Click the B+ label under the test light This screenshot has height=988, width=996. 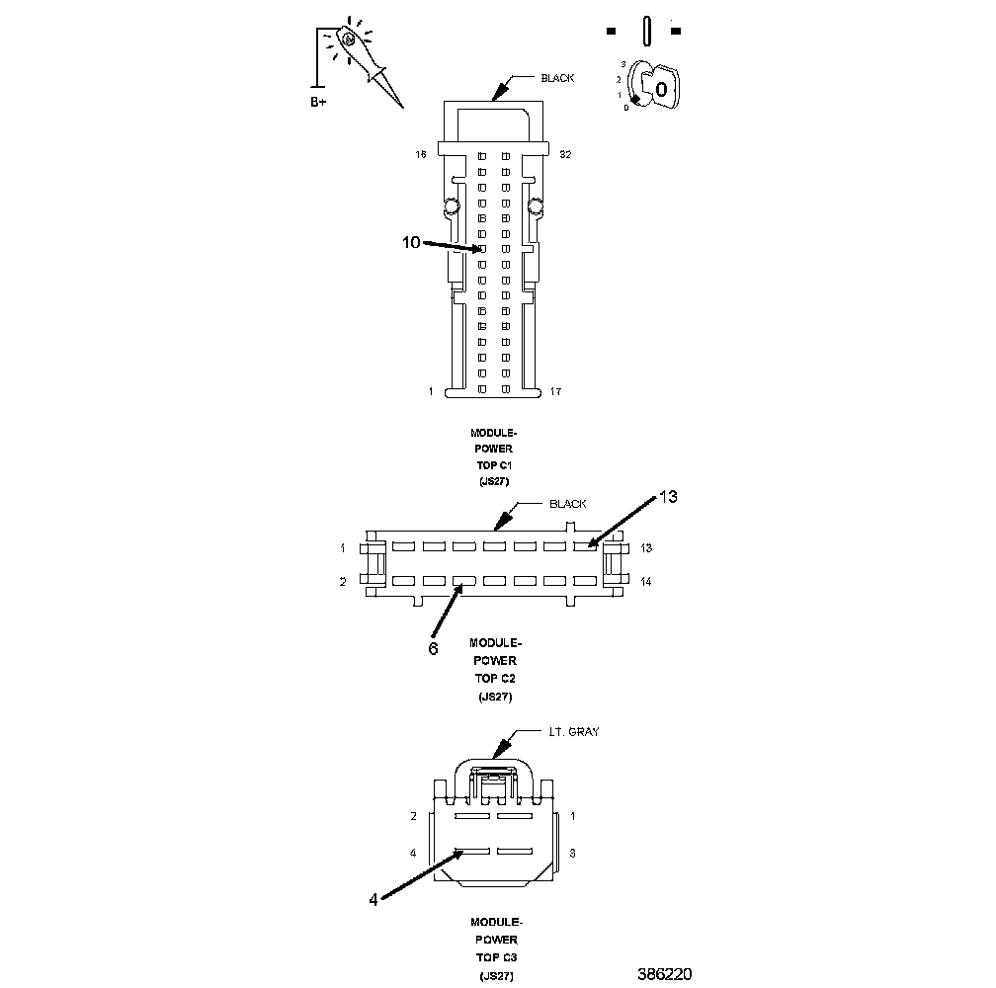click(318, 102)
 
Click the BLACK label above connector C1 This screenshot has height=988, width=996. click(556, 78)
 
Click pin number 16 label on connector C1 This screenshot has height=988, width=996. click(420, 155)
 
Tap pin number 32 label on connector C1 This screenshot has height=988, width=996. click(565, 155)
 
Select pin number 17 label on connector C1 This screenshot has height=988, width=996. click(556, 392)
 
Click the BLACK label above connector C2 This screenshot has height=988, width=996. click(567, 504)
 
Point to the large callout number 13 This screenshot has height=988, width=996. click(668, 497)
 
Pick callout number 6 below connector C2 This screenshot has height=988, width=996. click(433, 648)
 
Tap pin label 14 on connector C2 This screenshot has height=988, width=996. click(645, 582)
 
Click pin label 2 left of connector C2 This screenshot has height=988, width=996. click(343, 582)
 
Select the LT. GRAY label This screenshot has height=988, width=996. click(573, 732)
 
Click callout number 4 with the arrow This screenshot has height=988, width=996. click(373, 899)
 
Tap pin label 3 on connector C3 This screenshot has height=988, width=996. click(573, 852)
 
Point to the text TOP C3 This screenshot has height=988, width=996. click(493, 958)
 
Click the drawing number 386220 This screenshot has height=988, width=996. click(663, 974)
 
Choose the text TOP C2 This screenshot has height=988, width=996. click(493, 679)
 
